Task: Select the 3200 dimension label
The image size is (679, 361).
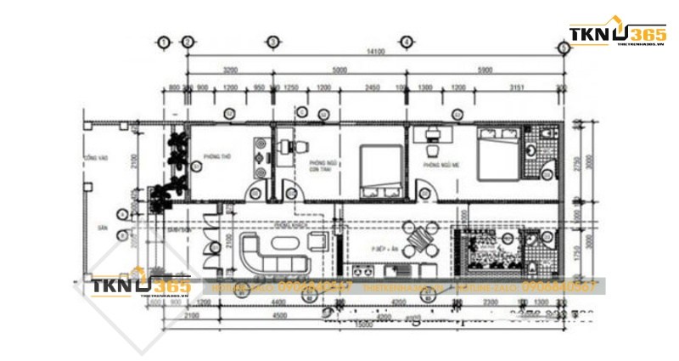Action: pyautogui.click(x=230, y=71)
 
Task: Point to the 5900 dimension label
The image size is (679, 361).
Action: pyautogui.click(x=485, y=71)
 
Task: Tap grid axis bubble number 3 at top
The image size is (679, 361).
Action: pyautogui.click(x=272, y=41)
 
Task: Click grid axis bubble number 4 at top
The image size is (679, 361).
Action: pyautogui.click(x=407, y=41)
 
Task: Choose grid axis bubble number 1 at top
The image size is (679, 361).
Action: pyautogui.click(x=164, y=41)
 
